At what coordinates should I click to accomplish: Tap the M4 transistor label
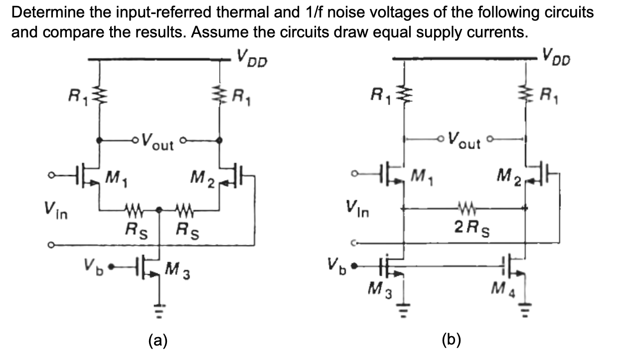pyautogui.click(x=504, y=288)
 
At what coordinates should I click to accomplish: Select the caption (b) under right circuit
pyautogui.click(x=452, y=340)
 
